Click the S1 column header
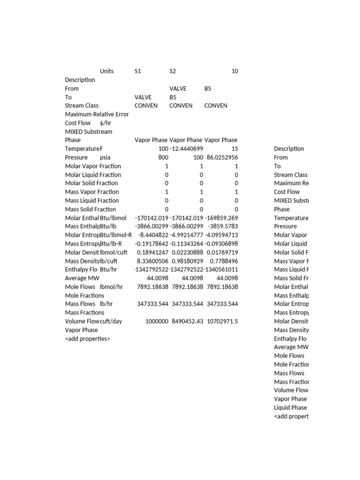click(138, 71)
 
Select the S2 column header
click(172, 71)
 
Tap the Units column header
click(107, 71)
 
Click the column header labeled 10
click(234, 71)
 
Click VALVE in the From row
click(178, 89)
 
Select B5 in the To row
click(172, 97)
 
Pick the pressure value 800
click(163, 157)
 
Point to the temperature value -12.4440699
click(186, 149)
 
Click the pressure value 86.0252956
click(221, 157)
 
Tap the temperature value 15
click(235, 149)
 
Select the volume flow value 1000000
click(157, 321)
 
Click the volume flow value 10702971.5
click(221, 321)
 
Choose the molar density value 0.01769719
click(221, 252)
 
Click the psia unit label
click(105, 157)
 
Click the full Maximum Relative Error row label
click(97, 114)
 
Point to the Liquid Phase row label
click(291, 407)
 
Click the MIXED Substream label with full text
click(89, 132)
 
